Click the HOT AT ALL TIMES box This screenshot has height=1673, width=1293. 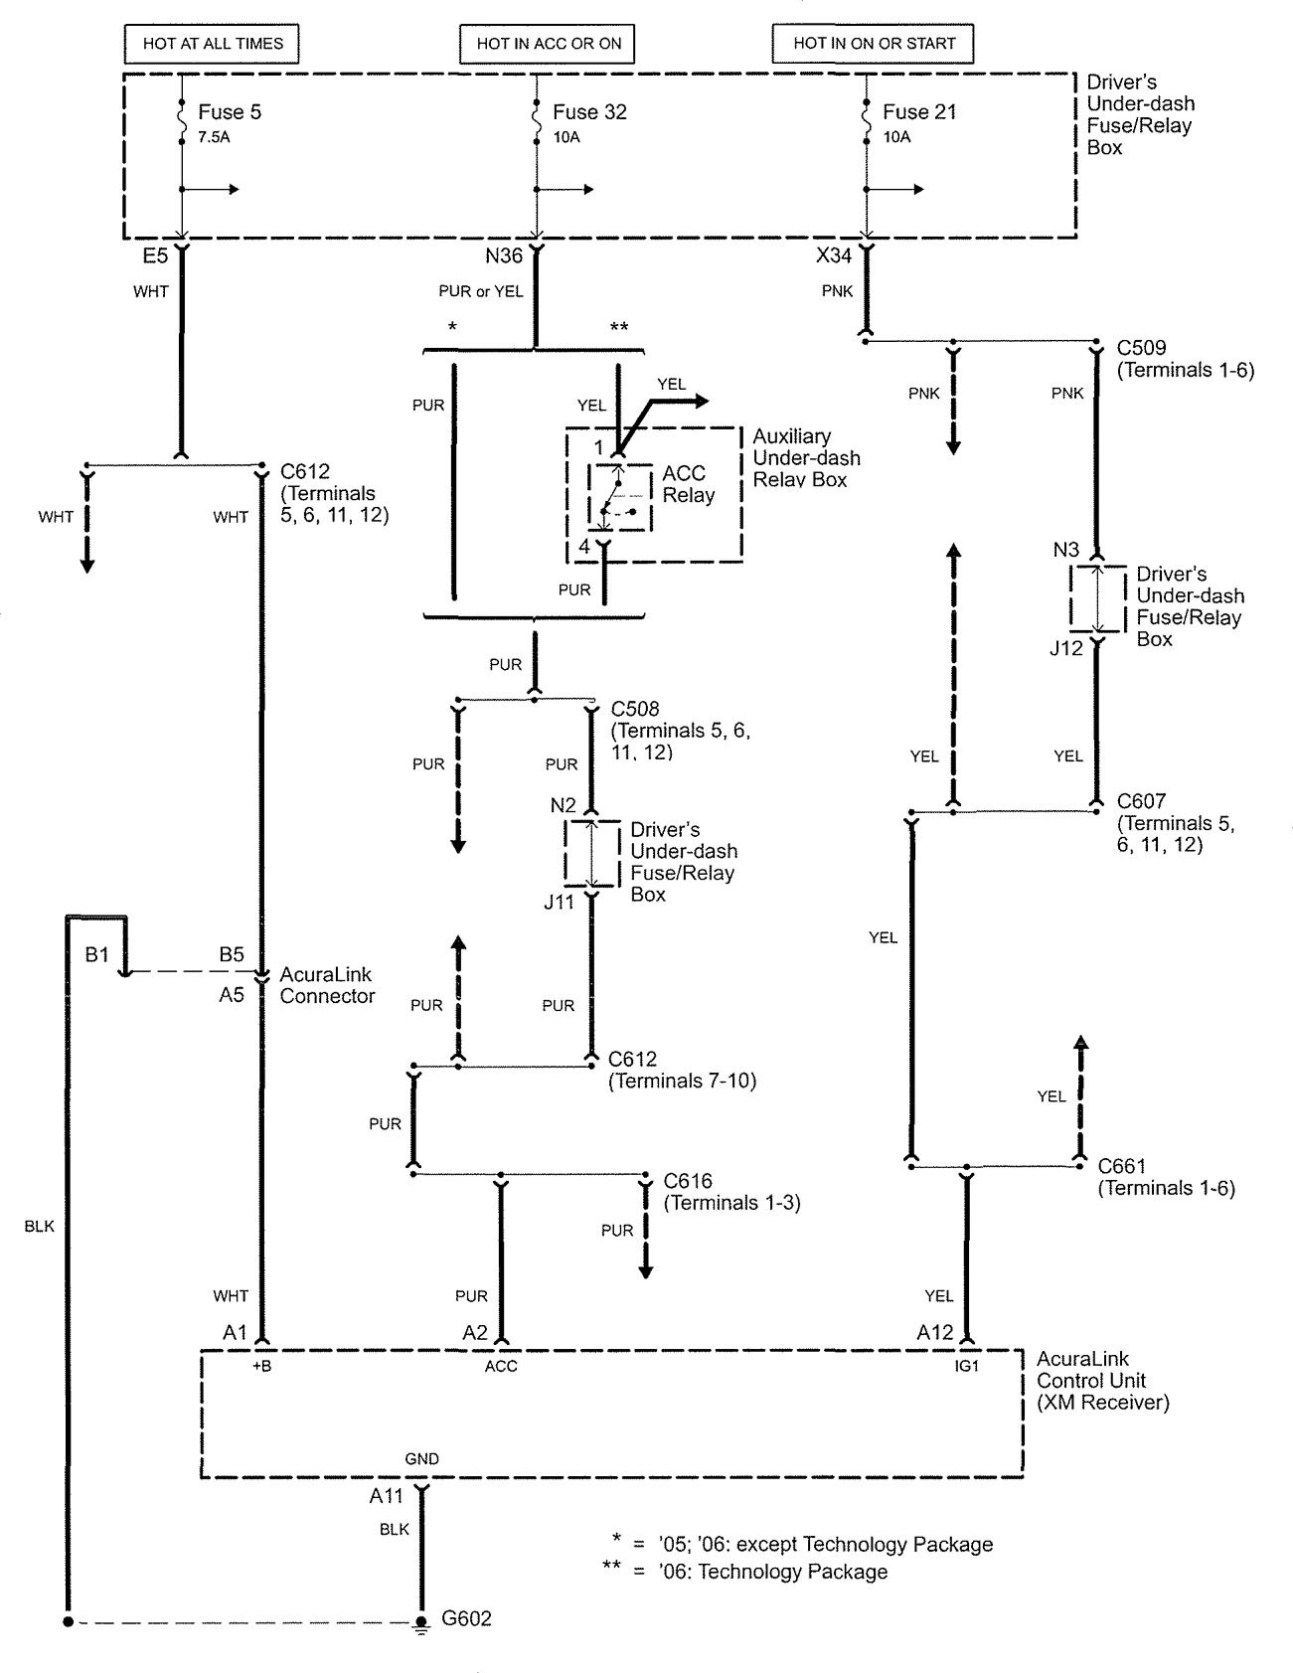[213, 44]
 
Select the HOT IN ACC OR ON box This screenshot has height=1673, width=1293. [548, 44]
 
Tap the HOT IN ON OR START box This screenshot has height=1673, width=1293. [874, 44]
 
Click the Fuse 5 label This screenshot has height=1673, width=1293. [230, 112]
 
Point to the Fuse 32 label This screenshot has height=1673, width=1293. [589, 112]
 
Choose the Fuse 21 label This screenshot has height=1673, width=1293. [919, 112]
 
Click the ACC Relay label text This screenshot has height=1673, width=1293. [689, 484]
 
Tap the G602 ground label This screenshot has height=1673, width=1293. [466, 1618]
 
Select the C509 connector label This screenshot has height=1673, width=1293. [1141, 349]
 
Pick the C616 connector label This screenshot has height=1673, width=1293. [688, 1181]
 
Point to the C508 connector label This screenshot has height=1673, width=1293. [634, 709]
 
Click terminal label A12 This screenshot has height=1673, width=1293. [935, 1333]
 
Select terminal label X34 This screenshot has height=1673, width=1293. [834, 256]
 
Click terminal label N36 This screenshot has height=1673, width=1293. [504, 256]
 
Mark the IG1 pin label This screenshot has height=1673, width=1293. [966, 1366]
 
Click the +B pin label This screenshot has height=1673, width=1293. [261, 1366]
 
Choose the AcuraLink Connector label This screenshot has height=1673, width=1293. [327, 985]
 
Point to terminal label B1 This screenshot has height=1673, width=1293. [96, 955]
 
